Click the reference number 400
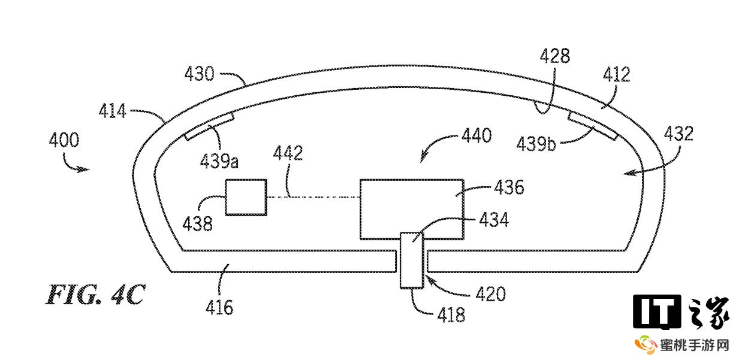click(64, 141)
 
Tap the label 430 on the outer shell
click(199, 75)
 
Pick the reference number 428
click(554, 57)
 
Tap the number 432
click(678, 133)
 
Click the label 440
click(476, 135)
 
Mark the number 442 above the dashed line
click(288, 154)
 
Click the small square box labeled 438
click(246, 197)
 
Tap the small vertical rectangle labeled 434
click(412, 261)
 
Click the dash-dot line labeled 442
click(312, 197)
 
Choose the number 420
click(491, 294)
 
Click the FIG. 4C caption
click(95, 295)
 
